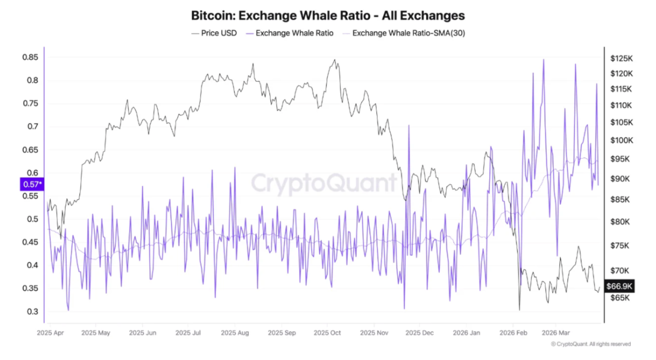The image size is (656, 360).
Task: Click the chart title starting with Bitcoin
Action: [x=328, y=15]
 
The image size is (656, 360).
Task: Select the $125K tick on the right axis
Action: [x=621, y=58]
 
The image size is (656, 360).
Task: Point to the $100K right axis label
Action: [x=621, y=140]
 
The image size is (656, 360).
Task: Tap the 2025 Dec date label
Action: [x=420, y=333]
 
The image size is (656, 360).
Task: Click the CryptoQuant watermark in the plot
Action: [x=324, y=183]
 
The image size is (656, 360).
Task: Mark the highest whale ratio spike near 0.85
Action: [x=544, y=60]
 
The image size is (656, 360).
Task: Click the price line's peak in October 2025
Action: [x=335, y=60]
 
